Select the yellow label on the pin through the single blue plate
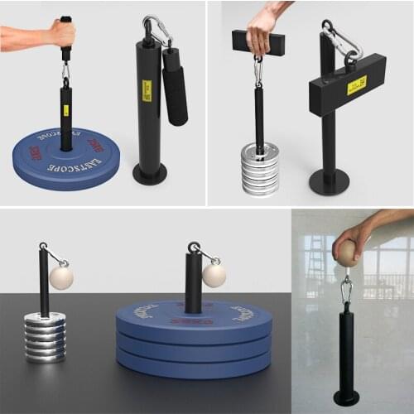point(65,110)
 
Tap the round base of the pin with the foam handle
point(150,176)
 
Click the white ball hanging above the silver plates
point(60,277)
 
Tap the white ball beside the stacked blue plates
point(214,275)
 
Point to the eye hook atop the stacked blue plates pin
point(193,248)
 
